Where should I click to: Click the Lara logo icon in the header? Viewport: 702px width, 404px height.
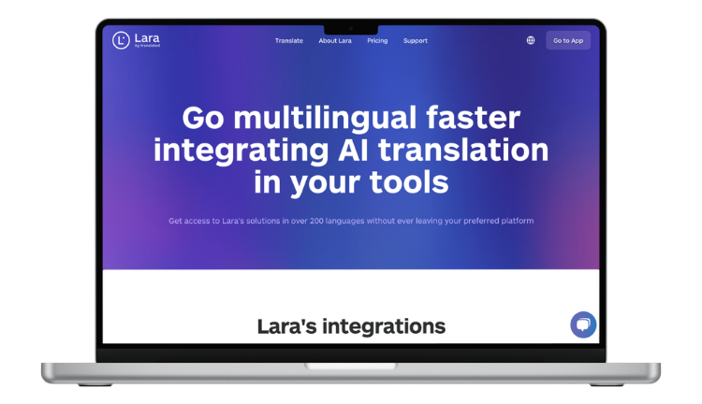click(x=121, y=40)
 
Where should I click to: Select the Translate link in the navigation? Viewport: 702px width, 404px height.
click(x=288, y=41)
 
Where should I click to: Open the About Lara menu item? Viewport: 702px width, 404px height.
click(x=335, y=41)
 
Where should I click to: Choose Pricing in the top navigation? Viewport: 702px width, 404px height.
click(x=377, y=41)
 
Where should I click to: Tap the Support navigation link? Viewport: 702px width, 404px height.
click(x=416, y=41)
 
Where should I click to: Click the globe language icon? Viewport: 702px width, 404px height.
click(x=531, y=40)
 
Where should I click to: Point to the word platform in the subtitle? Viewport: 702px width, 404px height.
click(x=514, y=221)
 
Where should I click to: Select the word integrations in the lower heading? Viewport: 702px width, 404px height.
click(x=387, y=326)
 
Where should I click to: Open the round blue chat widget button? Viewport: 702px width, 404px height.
click(x=583, y=325)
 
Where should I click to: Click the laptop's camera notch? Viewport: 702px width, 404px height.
click(x=351, y=29)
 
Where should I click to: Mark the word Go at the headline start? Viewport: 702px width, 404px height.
click(x=204, y=119)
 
